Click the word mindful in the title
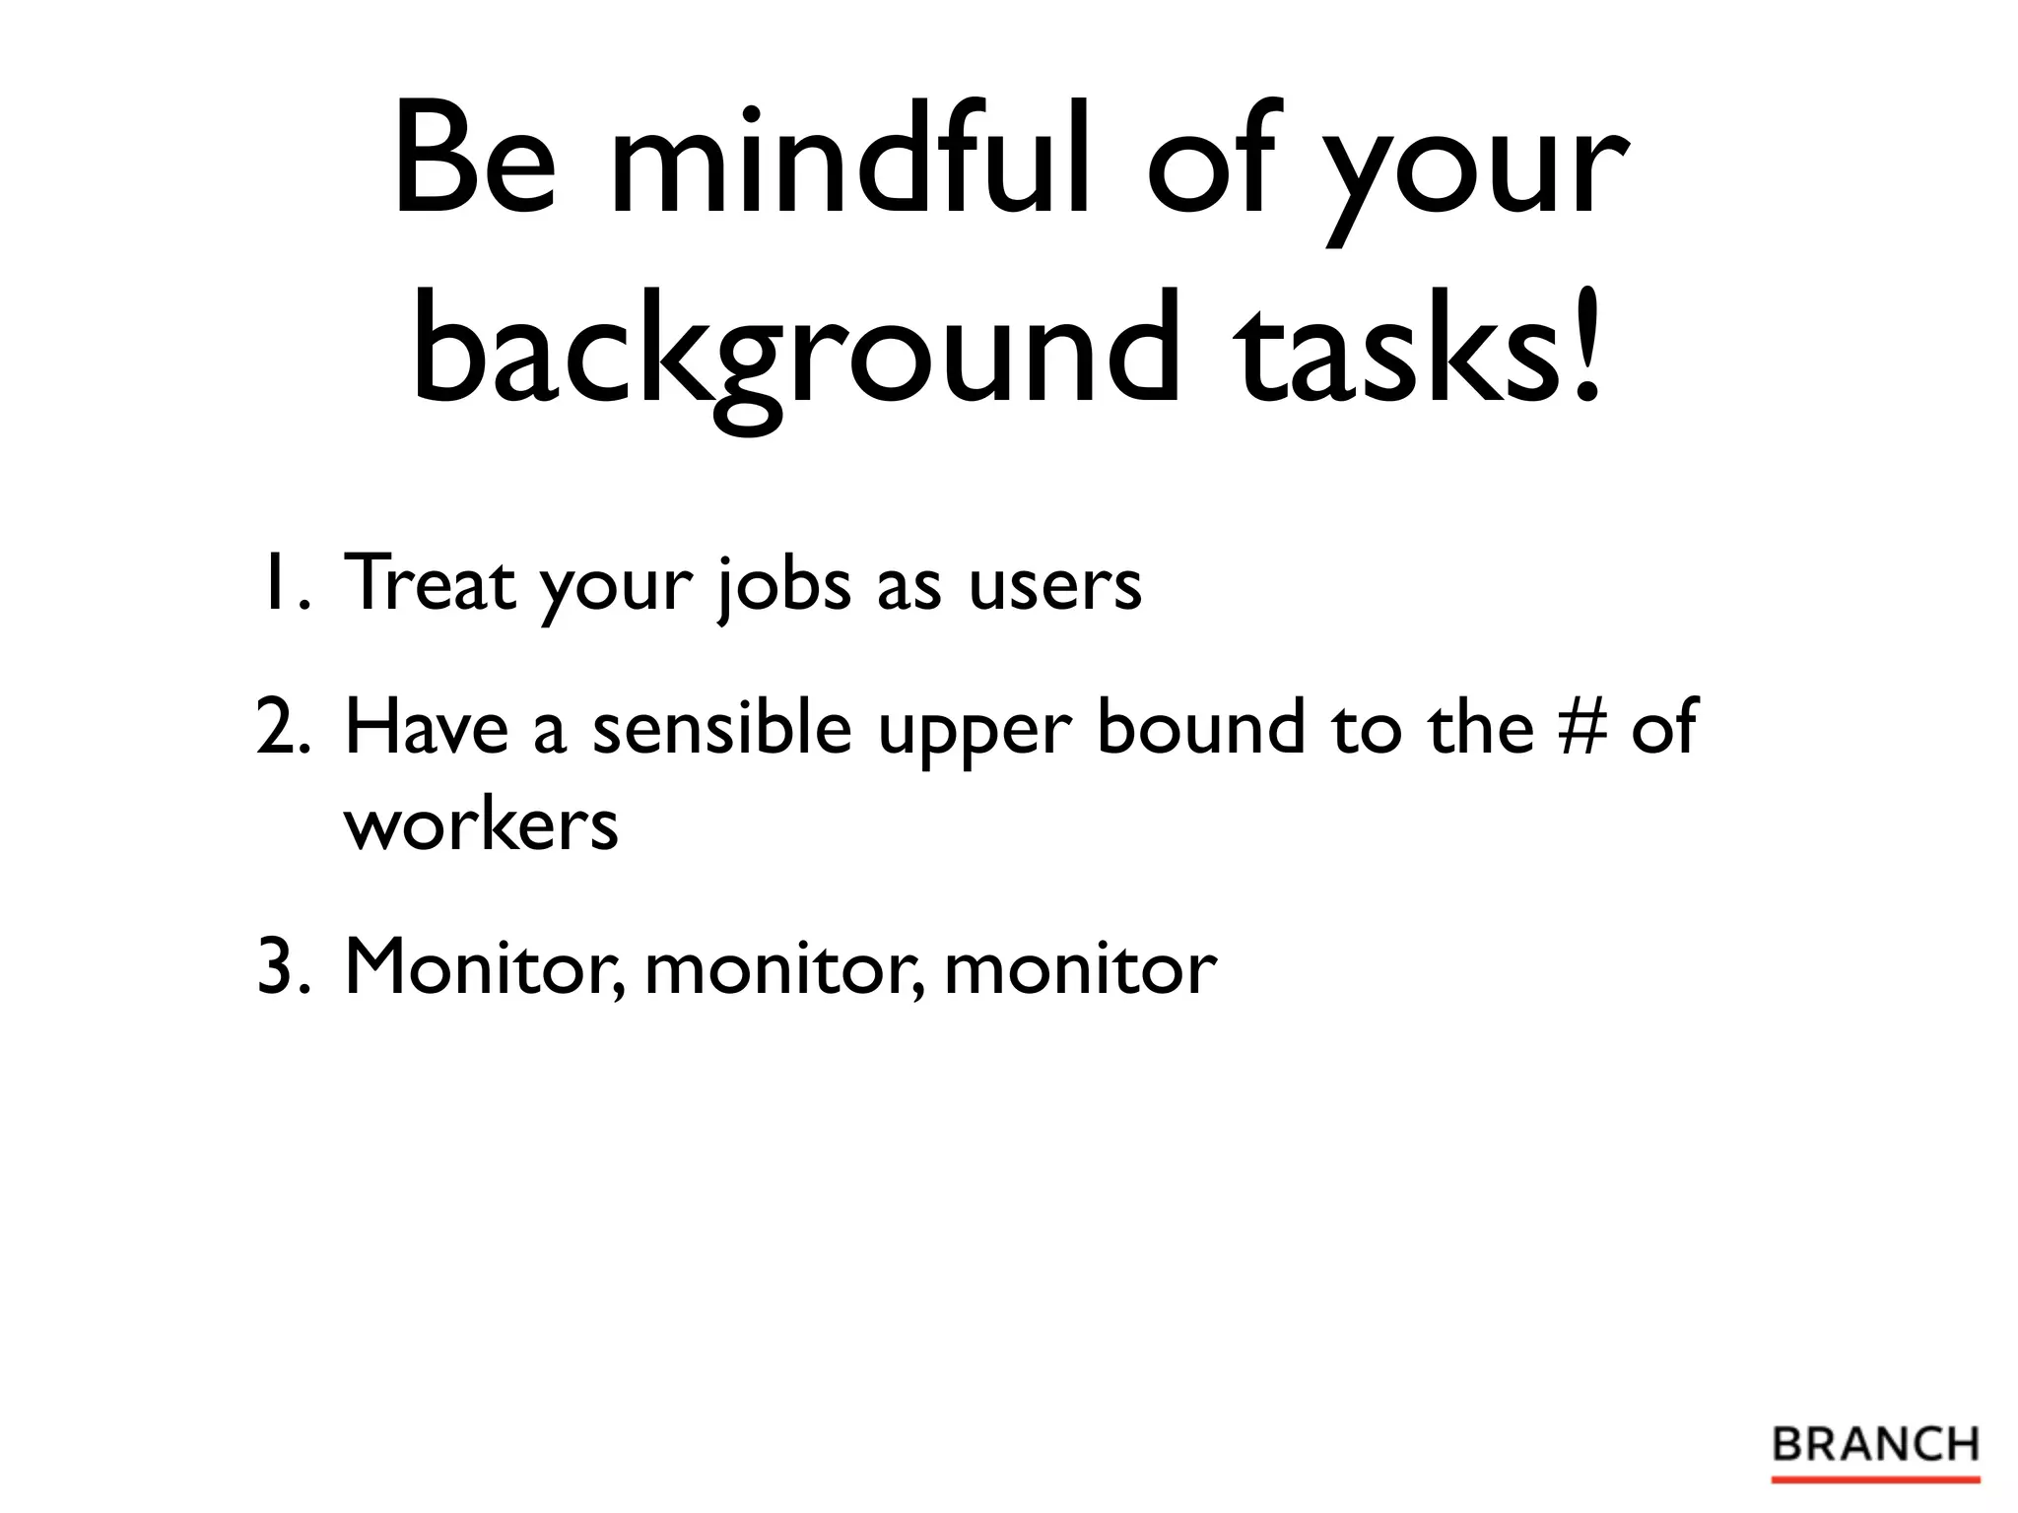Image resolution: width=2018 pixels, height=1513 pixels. click(x=851, y=158)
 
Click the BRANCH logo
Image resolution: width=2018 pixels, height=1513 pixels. click(x=1875, y=1446)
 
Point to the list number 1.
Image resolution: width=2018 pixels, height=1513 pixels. click(x=284, y=583)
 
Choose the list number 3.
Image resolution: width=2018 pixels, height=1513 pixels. click(x=284, y=967)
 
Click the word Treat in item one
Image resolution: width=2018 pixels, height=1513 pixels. click(x=430, y=583)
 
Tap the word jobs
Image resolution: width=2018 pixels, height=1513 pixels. click(x=783, y=587)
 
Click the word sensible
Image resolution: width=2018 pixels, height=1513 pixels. click(x=721, y=727)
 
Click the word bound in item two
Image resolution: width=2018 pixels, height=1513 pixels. click(x=1200, y=727)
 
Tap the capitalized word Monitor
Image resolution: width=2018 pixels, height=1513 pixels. click(x=483, y=967)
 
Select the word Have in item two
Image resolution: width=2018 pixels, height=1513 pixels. click(x=427, y=727)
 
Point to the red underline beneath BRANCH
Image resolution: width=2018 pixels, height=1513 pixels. click(x=1875, y=1479)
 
